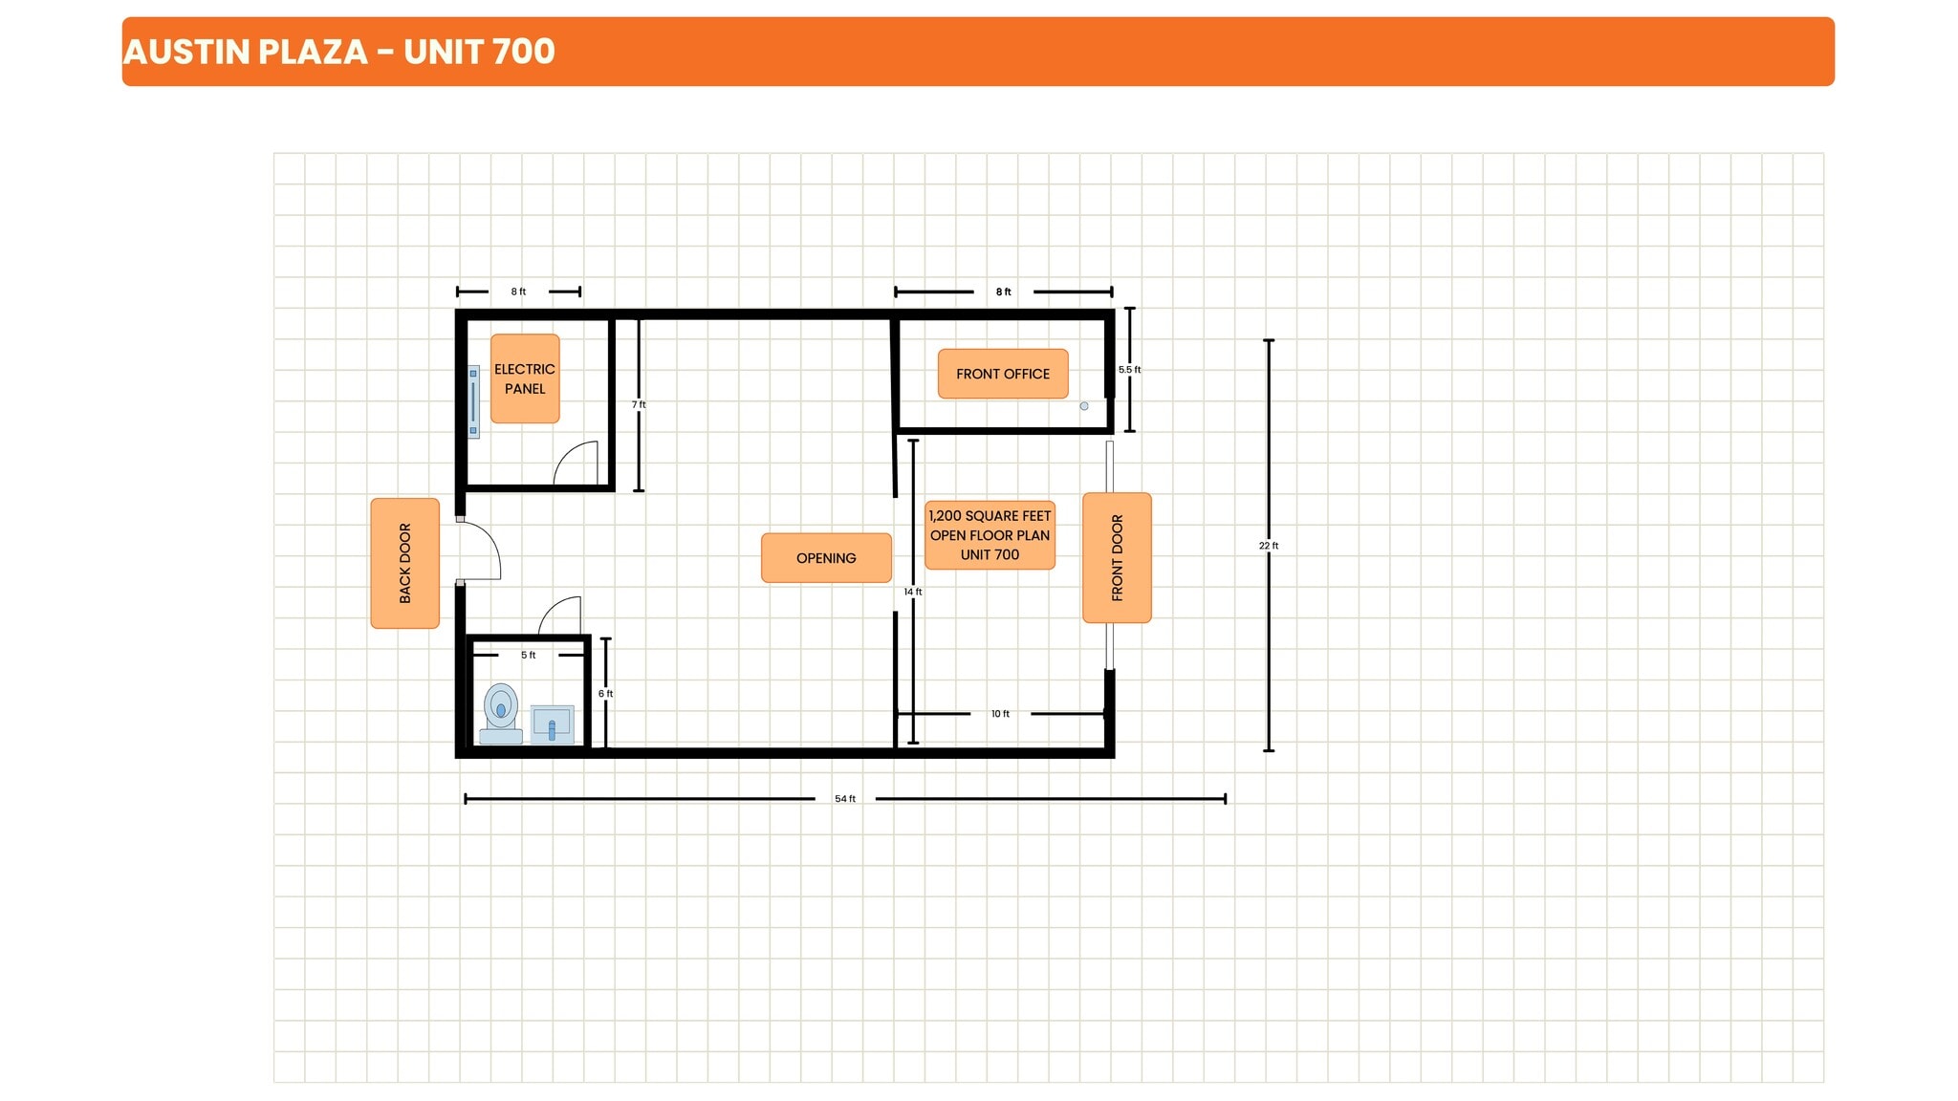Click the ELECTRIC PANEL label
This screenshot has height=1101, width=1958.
click(x=524, y=378)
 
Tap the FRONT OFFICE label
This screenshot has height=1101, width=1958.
click(x=1002, y=374)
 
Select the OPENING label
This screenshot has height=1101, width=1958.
click(x=826, y=558)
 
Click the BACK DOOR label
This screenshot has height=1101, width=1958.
click(x=404, y=563)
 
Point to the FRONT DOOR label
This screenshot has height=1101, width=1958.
click(x=1117, y=558)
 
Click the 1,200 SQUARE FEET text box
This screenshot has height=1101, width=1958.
click(x=990, y=535)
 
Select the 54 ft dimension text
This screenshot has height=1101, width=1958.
click(x=845, y=799)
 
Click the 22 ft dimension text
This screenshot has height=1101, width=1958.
click(x=1269, y=546)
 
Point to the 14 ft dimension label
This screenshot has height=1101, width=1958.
click(x=913, y=593)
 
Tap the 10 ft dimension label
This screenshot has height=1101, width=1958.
click(x=1000, y=714)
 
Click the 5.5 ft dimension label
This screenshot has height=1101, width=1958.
click(x=1129, y=370)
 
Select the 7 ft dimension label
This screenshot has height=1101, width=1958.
click(x=639, y=405)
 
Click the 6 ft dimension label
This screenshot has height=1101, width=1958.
click(x=605, y=694)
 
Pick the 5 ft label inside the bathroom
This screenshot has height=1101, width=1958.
click(x=528, y=656)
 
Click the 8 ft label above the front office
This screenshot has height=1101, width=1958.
click(x=1003, y=292)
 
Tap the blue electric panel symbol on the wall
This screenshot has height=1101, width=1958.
click(x=473, y=401)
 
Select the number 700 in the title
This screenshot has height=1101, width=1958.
click(x=523, y=52)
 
